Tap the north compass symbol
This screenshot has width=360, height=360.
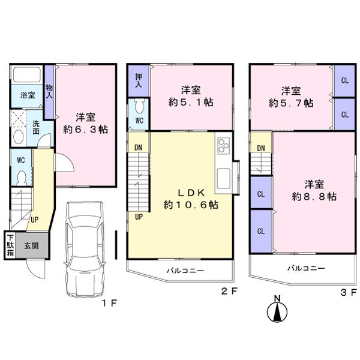point(277,310)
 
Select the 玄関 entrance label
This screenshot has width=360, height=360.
point(32,245)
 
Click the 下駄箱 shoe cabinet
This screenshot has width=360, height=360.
point(11,245)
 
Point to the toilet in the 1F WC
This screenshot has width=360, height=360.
point(20,177)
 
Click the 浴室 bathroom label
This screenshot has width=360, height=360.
point(28,95)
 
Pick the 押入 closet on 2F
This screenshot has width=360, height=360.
point(138,80)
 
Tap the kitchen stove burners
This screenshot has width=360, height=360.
point(223,146)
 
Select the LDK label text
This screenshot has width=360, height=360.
point(191,193)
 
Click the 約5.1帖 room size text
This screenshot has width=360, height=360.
point(191,103)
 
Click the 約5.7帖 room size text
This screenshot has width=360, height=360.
point(292,103)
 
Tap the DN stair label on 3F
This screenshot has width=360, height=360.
point(261,148)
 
